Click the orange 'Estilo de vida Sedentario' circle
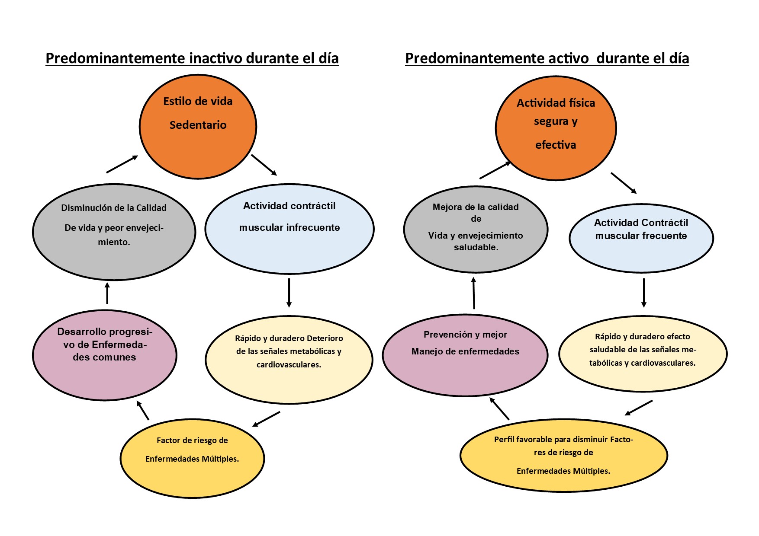[x=198, y=127]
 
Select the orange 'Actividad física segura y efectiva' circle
[x=556, y=128]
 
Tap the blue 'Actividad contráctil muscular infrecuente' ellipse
[x=289, y=229]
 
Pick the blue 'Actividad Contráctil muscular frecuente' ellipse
[x=641, y=238]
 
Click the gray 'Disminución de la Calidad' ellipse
[x=114, y=232]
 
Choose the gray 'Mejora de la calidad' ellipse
[x=476, y=230]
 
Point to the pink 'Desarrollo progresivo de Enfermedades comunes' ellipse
[x=104, y=355]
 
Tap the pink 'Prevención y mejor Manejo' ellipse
[x=465, y=355]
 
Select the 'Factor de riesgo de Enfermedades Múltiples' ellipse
[x=192, y=458]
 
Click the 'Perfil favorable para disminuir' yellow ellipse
[x=563, y=455]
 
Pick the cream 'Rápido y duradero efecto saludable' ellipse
[x=643, y=354]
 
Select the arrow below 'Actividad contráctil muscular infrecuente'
[x=289, y=293]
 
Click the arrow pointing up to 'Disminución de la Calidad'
[x=107, y=293]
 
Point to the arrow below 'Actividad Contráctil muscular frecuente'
[x=644, y=293]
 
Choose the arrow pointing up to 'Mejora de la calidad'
[x=474, y=293]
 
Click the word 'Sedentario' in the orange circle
[x=198, y=125]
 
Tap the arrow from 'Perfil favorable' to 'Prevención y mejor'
[x=499, y=408]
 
